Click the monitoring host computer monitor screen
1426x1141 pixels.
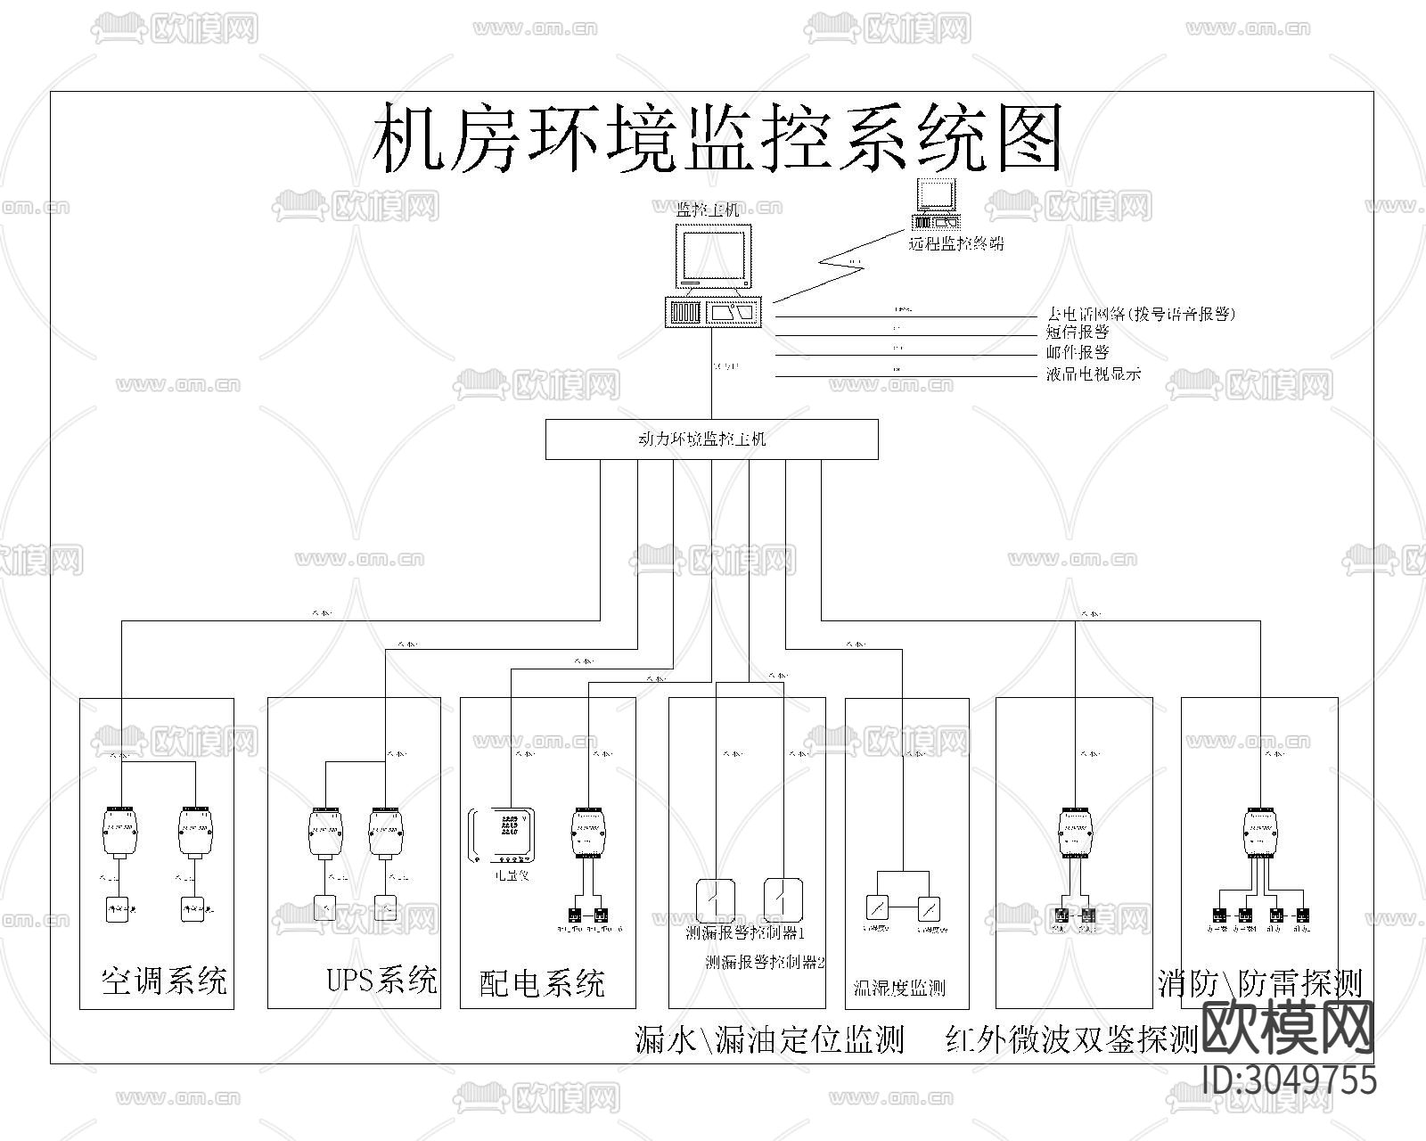[712, 255]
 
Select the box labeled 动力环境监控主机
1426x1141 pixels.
[711, 439]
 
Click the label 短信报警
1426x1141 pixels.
[1077, 332]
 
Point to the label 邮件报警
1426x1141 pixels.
[1077, 353]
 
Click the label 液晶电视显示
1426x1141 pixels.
[1093, 374]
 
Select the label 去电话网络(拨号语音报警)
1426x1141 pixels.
[1140, 314]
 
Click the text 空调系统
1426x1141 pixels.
[164, 981]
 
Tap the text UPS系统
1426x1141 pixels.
[381, 980]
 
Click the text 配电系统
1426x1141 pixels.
[542, 983]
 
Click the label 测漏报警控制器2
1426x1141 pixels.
[765, 963]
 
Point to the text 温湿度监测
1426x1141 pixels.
[898, 988]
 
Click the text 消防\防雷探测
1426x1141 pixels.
[1259, 983]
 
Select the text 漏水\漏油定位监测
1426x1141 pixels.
[768, 1039]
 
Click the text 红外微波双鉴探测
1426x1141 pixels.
[1071, 1039]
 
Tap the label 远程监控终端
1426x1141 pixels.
[955, 242]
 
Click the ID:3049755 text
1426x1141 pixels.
[1289, 1079]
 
